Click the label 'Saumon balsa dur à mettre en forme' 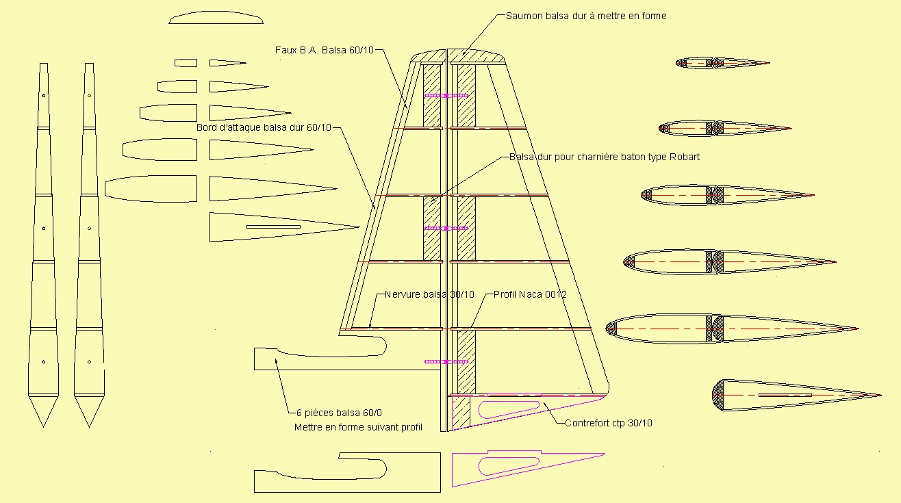(586, 16)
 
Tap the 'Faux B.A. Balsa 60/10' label (325, 50)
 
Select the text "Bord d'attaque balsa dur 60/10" (264, 127)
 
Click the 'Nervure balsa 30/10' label (429, 294)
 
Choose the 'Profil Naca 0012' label (530, 294)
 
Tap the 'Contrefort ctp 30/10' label (609, 423)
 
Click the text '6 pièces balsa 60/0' (339, 413)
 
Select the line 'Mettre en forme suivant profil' (358, 427)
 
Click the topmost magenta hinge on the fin (446, 96)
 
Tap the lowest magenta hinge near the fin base (446, 362)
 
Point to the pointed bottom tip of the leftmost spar (43, 426)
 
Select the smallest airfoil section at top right (722, 63)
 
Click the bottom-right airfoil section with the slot (796, 396)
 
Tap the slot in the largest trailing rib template (274, 227)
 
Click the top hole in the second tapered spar (89, 96)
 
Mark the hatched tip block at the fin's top (458, 56)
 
